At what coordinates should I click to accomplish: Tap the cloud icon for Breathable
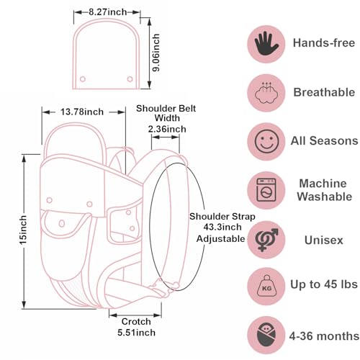pyautogui.click(x=266, y=91)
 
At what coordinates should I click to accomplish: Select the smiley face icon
pyautogui.click(x=266, y=140)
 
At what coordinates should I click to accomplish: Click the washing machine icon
pyautogui.click(x=266, y=189)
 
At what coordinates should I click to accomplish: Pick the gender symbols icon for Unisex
pyautogui.click(x=266, y=239)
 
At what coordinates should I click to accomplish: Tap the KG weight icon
pyautogui.click(x=266, y=287)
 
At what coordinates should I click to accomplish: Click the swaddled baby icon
pyautogui.click(x=266, y=336)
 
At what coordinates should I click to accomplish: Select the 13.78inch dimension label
pyautogui.click(x=82, y=112)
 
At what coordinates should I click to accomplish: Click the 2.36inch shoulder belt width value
pyautogui.click(x=166, y=130)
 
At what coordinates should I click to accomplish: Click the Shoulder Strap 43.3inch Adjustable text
pyautogui.click(x=217, y=228)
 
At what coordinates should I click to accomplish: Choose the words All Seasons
pyautogui.click(x=325, y=140)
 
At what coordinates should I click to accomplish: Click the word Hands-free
pyautogui.click(x=324, y=43)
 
